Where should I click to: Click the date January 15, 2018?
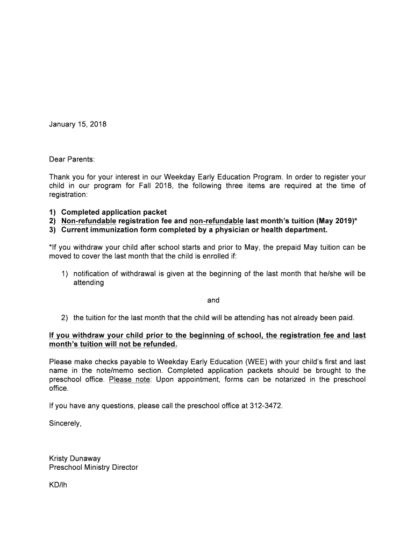[77, 124]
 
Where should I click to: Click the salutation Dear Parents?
[72, 159]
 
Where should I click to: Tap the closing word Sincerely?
[65, 423]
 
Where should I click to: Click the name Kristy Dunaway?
[76, 458]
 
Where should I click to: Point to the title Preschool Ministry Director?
[93, 467]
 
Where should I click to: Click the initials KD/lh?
[58, 485]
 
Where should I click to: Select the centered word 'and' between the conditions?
[213, 300]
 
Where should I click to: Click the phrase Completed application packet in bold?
[114, 212]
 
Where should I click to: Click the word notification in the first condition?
[95, 273]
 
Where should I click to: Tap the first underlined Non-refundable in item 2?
[89, 221]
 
